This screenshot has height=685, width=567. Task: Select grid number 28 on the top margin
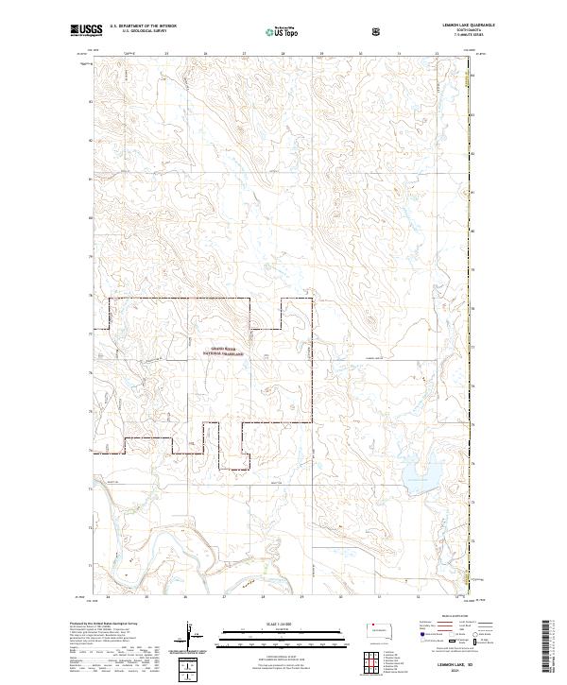click(283, 54)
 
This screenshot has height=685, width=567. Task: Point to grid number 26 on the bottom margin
click(185, 597)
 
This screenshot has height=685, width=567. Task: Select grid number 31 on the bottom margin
click(379, 597)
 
